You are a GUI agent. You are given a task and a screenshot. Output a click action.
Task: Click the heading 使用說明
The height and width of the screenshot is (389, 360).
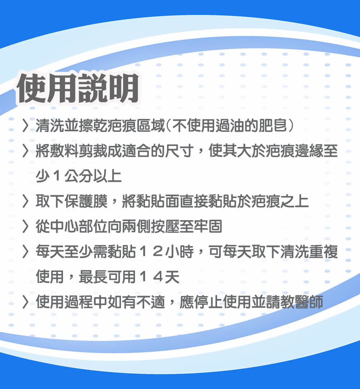coord(78,88)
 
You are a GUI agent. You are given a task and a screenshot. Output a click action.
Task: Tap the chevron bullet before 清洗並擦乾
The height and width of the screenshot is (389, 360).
coord(26,126)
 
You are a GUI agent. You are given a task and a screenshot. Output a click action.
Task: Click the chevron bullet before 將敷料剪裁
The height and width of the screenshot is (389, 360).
coord(26,151)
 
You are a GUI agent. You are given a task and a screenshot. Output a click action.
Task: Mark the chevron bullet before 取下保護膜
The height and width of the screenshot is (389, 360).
coord(26,201)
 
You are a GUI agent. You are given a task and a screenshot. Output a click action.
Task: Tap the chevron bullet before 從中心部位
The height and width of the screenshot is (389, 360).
coord(26,227)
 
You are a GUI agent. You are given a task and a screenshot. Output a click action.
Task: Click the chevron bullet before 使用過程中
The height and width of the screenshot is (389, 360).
coord(26,302)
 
